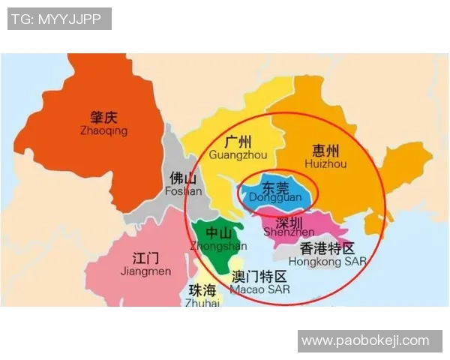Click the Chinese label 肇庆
(104, 117)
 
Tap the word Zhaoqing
(103, 130)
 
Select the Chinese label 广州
(238, 142)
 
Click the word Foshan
(184, 190)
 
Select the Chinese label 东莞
(272, 185)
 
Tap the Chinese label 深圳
(289, 222)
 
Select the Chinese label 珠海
(202, 290)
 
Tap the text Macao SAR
(260, 289)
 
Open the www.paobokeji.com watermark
(365, 341)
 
